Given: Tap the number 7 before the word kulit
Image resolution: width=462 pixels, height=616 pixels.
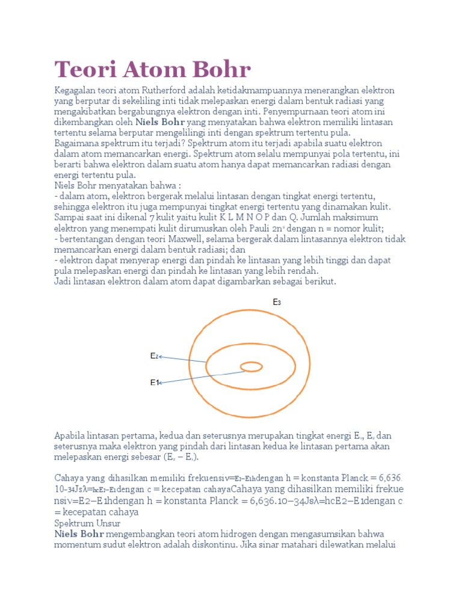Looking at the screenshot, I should pos(152,217).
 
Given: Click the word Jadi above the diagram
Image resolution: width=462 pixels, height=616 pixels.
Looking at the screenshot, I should pos(63,282).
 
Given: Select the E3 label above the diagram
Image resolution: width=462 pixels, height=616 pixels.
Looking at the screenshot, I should pos(277,303).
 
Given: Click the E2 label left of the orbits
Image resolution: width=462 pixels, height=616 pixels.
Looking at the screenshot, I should pos(155,356).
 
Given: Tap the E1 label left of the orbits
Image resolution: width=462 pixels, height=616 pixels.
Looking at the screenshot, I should pos(155,382).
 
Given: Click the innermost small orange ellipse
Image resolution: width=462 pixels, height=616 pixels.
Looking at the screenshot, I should pos(251,366).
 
